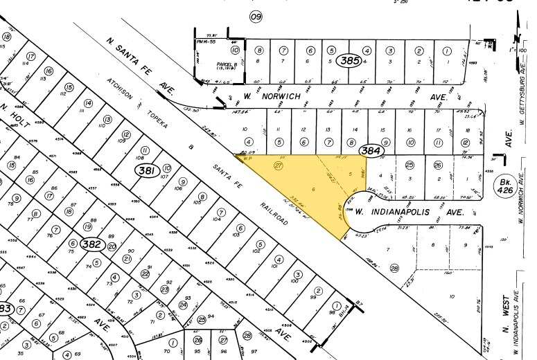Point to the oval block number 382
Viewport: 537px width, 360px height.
89,244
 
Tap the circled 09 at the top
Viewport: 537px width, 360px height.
256,17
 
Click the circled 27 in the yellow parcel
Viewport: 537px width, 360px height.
279,165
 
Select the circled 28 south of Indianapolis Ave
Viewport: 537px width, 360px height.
395,269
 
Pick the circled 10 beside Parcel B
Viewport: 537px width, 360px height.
236,50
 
